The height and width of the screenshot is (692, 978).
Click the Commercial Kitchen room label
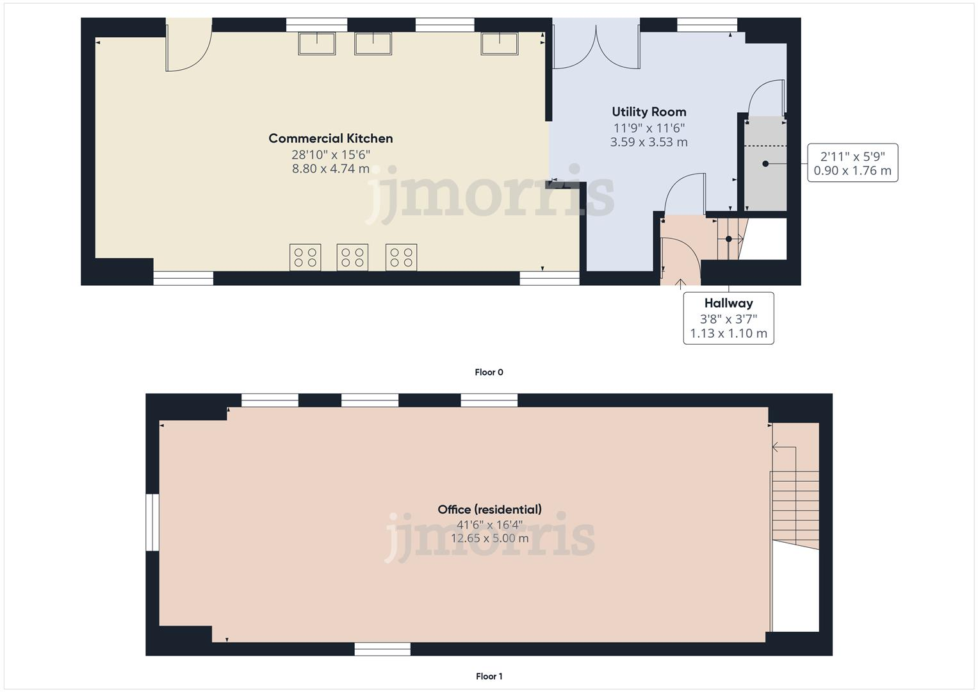(x=330, y=138)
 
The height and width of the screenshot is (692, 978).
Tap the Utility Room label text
(x=649, y=112)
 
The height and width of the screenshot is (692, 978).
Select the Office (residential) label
(x=489, y=509)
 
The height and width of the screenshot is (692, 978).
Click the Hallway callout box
(x=728, y=318)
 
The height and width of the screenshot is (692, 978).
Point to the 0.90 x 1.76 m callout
(x=852, y=170)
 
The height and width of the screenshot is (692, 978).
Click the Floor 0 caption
(x=489, y=372)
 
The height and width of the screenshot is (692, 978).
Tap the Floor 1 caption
(x=489, y=676)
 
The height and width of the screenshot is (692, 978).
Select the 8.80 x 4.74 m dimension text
(x=330, y=169)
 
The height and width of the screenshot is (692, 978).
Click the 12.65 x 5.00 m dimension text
(x=489, y=538)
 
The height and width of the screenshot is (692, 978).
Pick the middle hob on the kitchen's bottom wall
(x=352, y=258)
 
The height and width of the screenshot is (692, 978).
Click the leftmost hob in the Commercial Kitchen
(x=305, y=258)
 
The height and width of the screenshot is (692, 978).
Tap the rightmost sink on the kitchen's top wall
(x=500, y=44)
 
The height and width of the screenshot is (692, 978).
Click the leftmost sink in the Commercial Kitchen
(x=317, y=44)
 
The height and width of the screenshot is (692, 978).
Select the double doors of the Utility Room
(x=596, y=47)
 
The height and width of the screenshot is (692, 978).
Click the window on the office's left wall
(x=152, y=522)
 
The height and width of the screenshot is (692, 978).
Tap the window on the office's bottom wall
(x=382, y=649)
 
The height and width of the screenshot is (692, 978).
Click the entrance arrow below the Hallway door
(x=680, y=282)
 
